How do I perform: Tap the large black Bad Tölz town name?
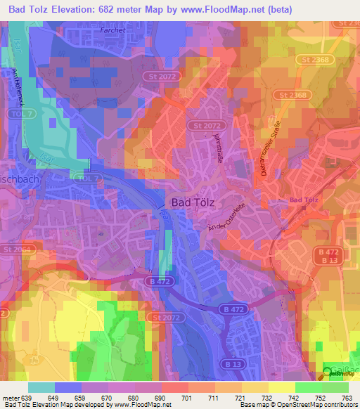click(x=194, y=202)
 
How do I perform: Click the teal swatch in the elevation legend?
click(x=41, y=387)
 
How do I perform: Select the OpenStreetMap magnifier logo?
click(x=328, y=373)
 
